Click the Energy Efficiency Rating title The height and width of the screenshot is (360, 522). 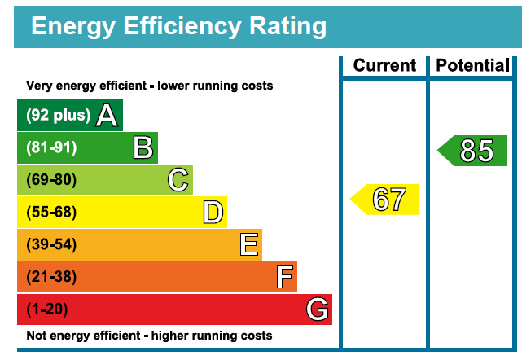pos(178,26)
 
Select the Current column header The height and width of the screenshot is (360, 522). pos(384,66)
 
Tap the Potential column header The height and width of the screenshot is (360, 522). pos(473,66)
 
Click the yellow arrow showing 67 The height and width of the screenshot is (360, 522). pos(386,200)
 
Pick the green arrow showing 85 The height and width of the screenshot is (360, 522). pos(473,151)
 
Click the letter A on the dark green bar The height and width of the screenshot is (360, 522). pos(106,116)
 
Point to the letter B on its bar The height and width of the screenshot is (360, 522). pos(143,147)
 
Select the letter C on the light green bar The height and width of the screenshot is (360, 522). pos(178,180)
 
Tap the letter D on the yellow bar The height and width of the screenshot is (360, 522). pos(213,213)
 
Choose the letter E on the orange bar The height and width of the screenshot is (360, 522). pos(248,244)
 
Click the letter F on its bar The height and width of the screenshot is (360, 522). pos(283,277)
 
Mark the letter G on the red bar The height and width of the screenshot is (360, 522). pos(317,310)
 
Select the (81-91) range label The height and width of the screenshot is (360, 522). pos(51,147)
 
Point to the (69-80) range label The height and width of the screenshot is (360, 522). pos(51,180)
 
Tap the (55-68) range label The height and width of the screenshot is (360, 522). pos(51,213)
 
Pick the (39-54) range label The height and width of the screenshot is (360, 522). pos(51,244)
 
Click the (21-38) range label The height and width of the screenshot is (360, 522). pos(51,277)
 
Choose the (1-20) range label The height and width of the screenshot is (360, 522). pos(47,310)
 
